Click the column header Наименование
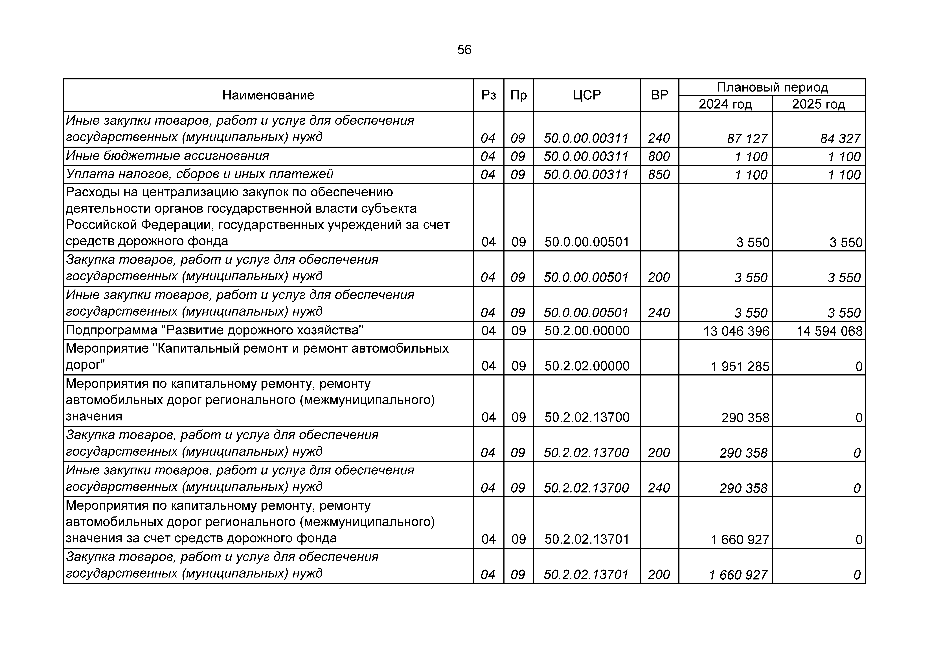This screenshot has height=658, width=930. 268,95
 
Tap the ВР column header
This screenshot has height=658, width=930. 659,95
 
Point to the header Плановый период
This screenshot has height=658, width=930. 772,87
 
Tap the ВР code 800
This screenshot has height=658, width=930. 659,157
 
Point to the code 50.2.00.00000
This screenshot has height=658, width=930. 587,331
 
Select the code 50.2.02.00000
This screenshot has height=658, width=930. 587,366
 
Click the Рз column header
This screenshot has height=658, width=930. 488,95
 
